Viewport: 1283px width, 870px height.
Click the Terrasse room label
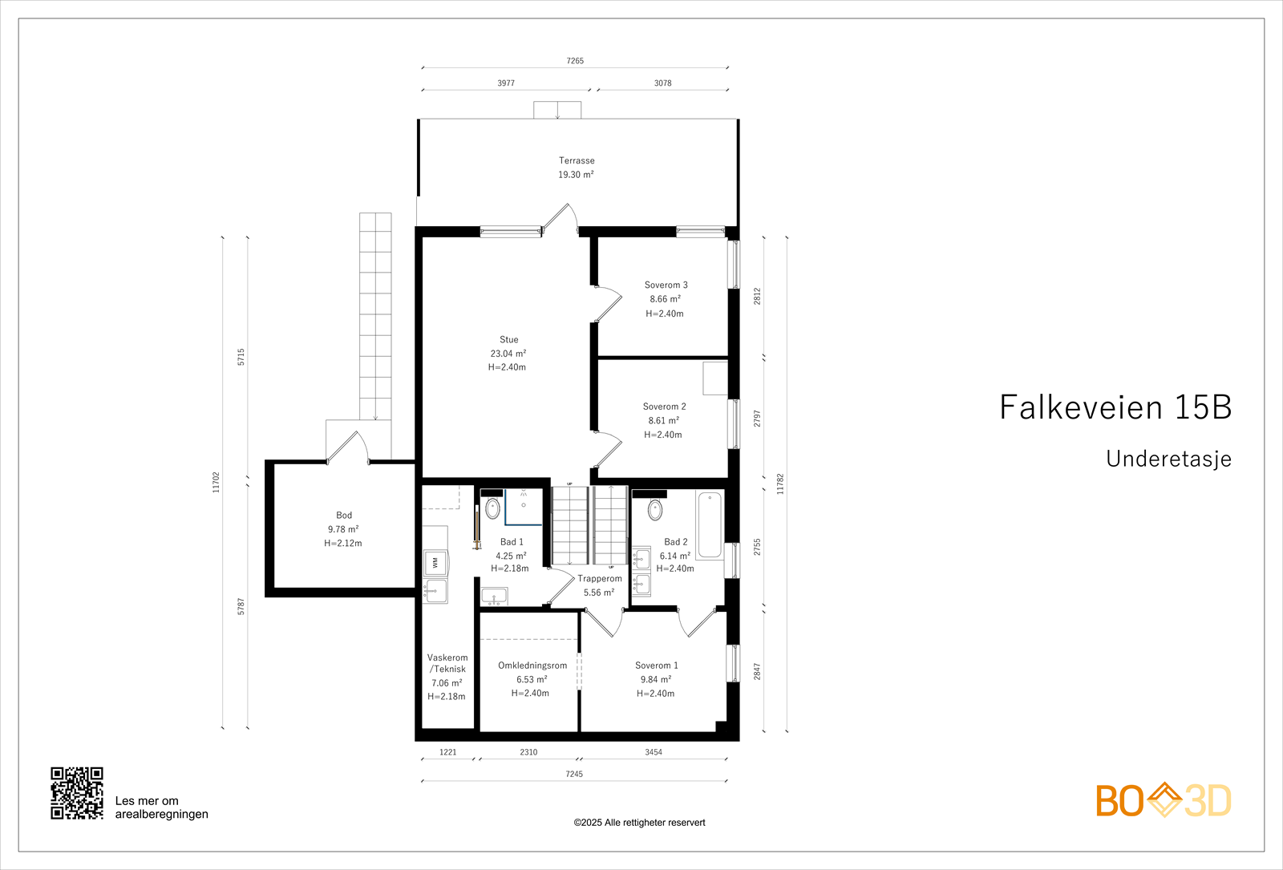(x=577, y=160)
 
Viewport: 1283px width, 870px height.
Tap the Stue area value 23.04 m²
(x=508, y=354)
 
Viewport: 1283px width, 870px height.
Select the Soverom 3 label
(x=666, y=285)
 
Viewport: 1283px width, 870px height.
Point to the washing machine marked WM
(x=435, y=563)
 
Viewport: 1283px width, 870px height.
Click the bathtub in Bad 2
(x=710, y=524)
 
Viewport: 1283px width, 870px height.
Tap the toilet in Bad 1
(x=492, y=508)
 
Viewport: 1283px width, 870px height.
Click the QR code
(x=77, y=793)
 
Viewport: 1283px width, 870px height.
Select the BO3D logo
(x=1164, y=800)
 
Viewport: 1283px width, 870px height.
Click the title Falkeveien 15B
(x=1115, y=407)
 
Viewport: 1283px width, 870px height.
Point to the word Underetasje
(x=1168, y=459)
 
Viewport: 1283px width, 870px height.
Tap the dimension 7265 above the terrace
(x=575, y=61)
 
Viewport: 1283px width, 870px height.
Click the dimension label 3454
(x=654, y=752)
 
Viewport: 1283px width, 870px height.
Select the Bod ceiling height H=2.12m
(x=343, y=543)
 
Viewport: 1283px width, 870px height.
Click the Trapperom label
(x=600, y=578)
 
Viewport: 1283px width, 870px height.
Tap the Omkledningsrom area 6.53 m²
(x=532, y=679)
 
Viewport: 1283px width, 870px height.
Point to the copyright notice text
(x=639, y=823)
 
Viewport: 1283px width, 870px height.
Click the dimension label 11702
(x=216, y=482)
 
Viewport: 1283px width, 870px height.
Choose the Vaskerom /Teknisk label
(x=447, y=663)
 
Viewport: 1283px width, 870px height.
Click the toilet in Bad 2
(x=655, y=509)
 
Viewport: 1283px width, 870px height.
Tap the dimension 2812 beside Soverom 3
(x=757, y=296)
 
